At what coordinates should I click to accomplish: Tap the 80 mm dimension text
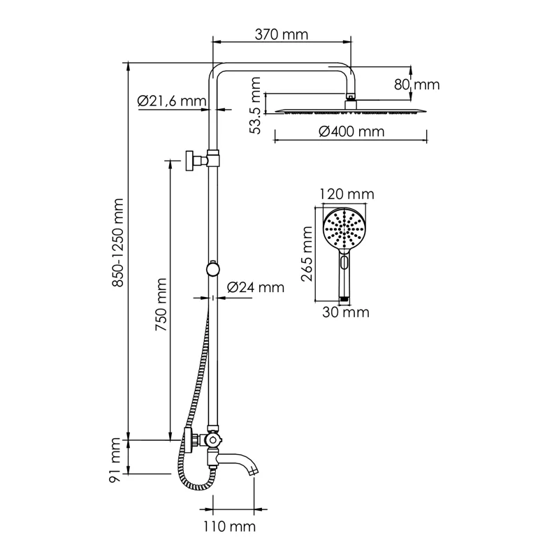(416, 85)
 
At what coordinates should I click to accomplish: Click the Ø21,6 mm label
(172, 101)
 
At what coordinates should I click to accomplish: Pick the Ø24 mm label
(256, 287)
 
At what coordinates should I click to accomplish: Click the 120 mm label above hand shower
(347, 194)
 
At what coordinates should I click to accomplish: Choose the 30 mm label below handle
(345, 312)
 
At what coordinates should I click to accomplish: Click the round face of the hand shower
(344, 227)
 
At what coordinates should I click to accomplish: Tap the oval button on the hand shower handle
(344, 263)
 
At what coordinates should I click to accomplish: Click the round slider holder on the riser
(212, 268)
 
